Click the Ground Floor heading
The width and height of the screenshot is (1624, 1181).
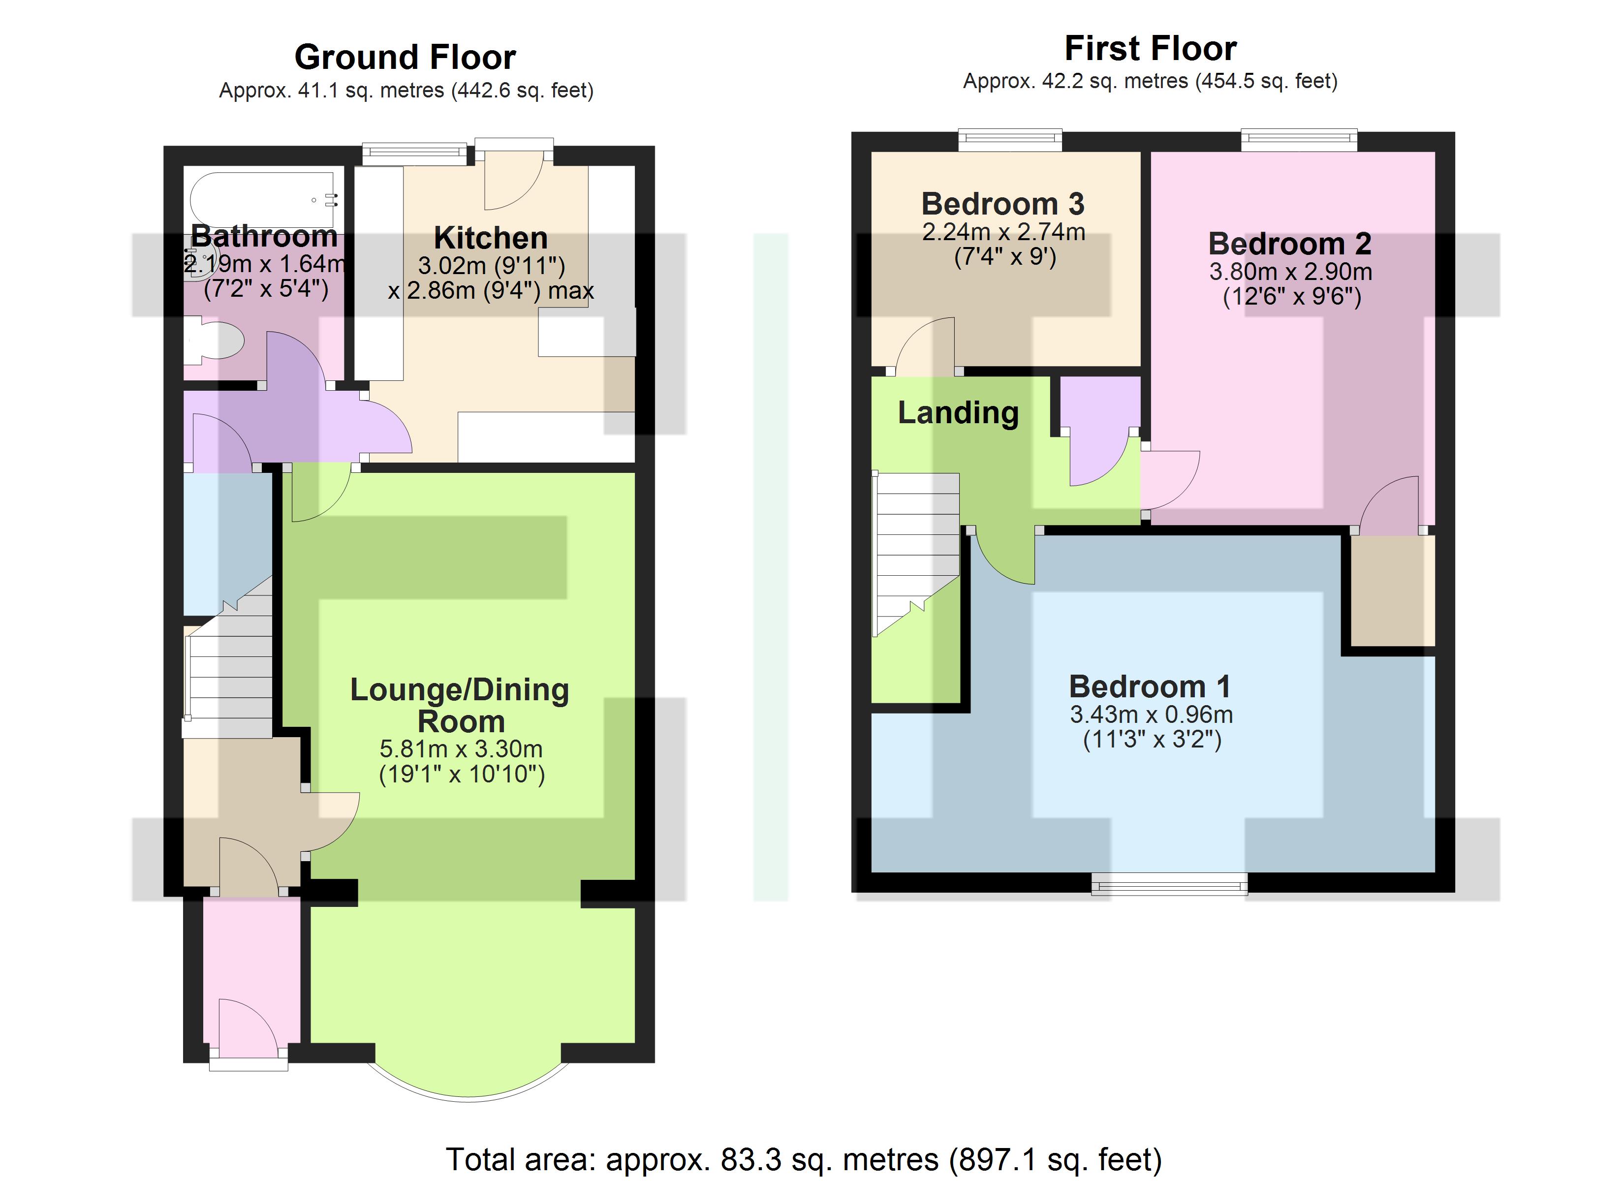tap(406, 57)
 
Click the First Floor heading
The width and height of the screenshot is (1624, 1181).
tap(1151, 49)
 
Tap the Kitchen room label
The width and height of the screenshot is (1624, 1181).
tap(491, 238)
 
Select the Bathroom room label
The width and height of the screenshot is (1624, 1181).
tap(264, 236)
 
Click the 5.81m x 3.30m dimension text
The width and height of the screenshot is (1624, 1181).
tap(461, 749)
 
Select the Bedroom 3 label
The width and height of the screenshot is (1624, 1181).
tap(1002, 204)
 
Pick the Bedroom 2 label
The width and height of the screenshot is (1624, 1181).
tap(1290, 244)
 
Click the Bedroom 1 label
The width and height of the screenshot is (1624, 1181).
tap(1150, 687)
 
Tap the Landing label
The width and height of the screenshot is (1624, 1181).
tap(958, 413)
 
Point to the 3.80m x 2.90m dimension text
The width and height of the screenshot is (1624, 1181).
tap(1290, 272)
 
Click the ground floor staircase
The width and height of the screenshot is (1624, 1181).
tap(228, 657)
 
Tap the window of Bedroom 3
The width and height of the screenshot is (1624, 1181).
tap(1010, 140)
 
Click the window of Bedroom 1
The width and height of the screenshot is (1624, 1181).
tap(1169, 884)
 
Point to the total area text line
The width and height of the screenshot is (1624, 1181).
tap(804, 1159)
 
